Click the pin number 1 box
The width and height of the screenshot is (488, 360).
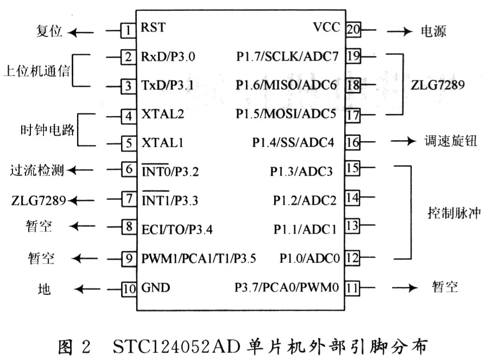(128, 30)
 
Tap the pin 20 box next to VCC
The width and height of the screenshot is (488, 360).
(353, 30)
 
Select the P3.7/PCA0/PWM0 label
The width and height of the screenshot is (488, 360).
(287, 287)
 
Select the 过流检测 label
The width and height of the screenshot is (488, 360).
(36, 172)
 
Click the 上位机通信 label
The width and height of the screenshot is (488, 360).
(37, 71)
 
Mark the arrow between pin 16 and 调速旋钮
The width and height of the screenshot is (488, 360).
(402, 143)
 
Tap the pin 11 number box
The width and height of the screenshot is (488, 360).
(353, 287)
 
